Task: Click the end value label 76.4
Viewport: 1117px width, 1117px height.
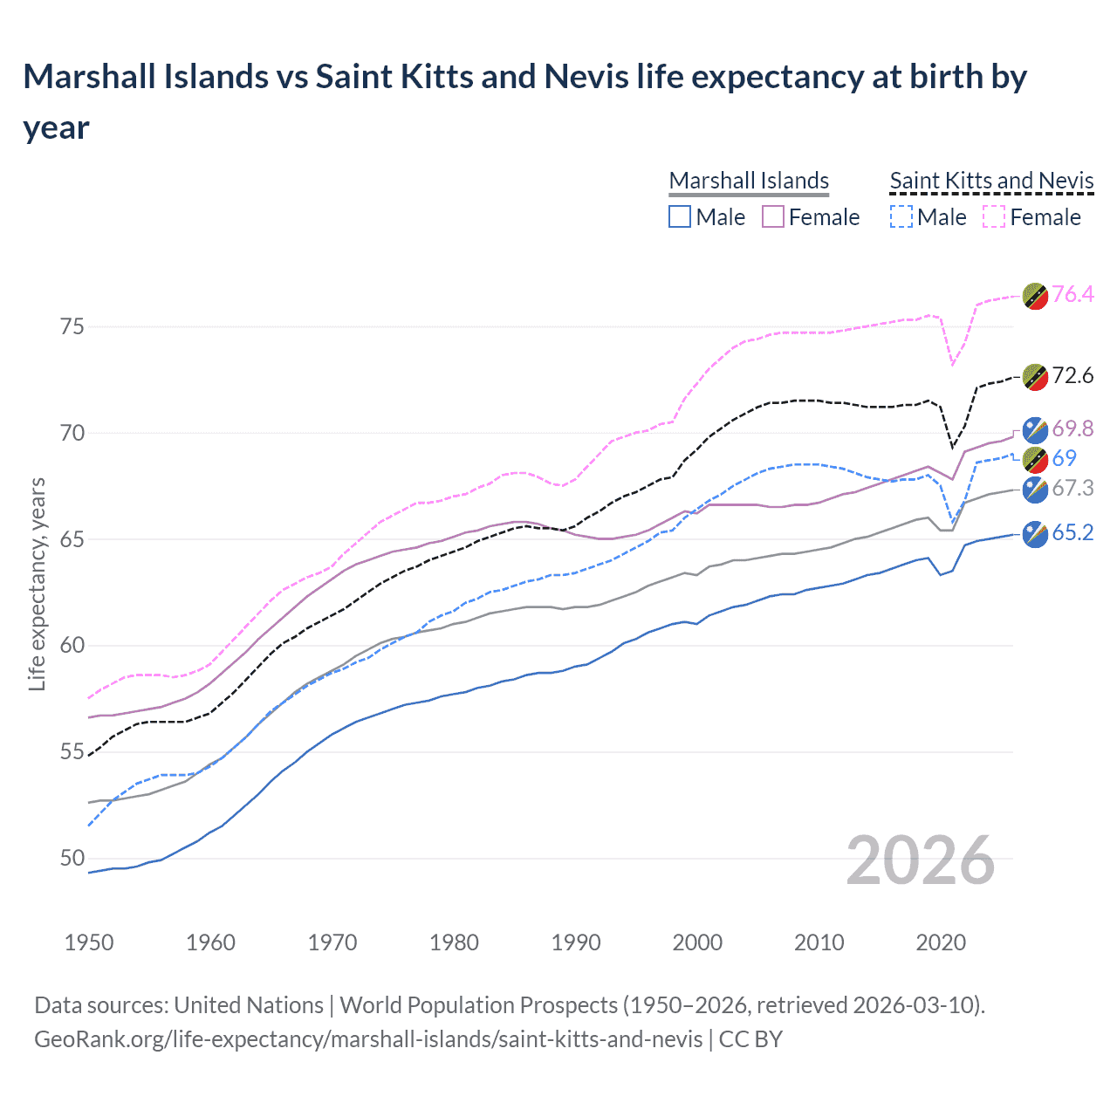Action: [1072, 294]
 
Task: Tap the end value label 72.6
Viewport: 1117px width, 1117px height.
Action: [1072, 375]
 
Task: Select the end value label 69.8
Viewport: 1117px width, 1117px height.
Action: [1072, 428]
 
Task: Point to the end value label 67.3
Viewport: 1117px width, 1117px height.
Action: [1072, 488]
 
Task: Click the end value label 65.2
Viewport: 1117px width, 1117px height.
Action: [1072, 532]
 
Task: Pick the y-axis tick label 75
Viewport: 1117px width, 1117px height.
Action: [72, 326]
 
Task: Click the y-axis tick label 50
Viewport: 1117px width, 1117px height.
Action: [72, 858]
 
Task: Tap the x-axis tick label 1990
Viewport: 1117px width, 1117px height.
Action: [576, 942]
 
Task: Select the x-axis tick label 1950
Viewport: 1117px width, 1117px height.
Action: [89, 942]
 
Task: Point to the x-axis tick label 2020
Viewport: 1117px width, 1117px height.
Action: [941, 942]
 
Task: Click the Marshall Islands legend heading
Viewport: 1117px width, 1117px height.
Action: [749, 181]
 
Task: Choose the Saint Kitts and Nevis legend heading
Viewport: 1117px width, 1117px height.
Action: [991, 181]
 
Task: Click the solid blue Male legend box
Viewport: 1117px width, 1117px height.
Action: [680, 216]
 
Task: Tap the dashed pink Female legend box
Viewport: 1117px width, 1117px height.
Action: [994, 216]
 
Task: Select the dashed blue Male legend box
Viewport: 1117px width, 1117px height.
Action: [901, 216]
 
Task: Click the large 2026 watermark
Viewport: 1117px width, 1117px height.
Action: [920, 860]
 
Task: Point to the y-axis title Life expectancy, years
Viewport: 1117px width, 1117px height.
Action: [37, 585]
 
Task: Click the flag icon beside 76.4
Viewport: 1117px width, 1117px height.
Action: [1035, 297]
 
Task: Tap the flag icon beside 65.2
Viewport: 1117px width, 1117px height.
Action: [1035, 534]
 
